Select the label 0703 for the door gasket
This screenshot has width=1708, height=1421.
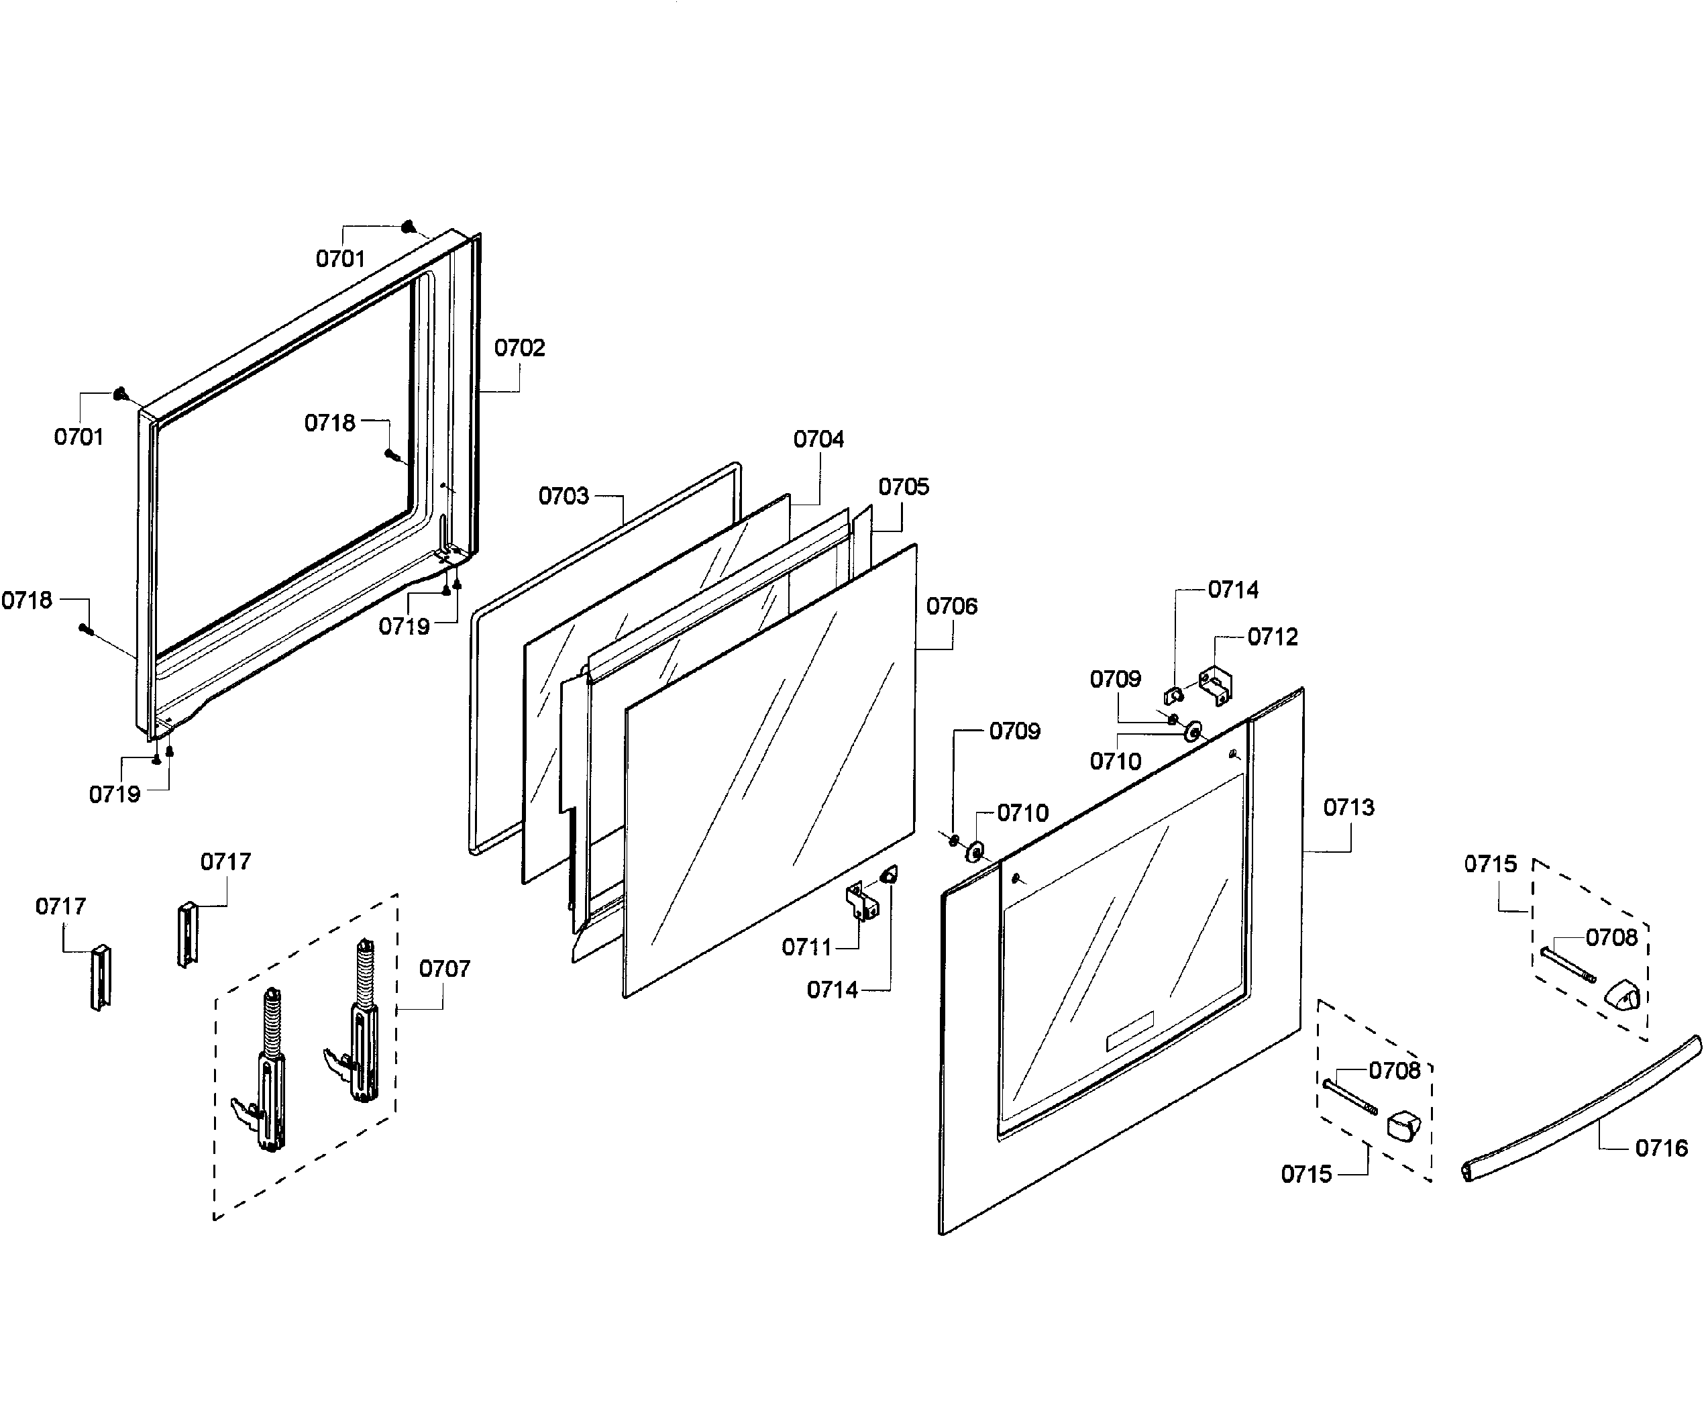click(x=563, y=496)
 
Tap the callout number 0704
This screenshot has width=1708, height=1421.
click(x=818, y=439)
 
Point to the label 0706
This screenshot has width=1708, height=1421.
click(x=951, y=606)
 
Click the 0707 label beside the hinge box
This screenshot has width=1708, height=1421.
click(x=444, y=969)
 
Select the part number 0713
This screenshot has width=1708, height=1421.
click(x=1348, y=808)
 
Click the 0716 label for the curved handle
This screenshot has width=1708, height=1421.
click(x=1661, y=1148)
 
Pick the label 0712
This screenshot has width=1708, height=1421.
click(x=1272, y=637)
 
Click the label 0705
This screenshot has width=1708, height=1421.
click(x=903, y=487)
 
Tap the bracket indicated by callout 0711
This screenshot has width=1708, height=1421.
click(x=861, y=901)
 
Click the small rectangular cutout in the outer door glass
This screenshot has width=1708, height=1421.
click(x=1129, y=1031)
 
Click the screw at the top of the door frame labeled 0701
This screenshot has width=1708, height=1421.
click(x=409, y=227)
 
